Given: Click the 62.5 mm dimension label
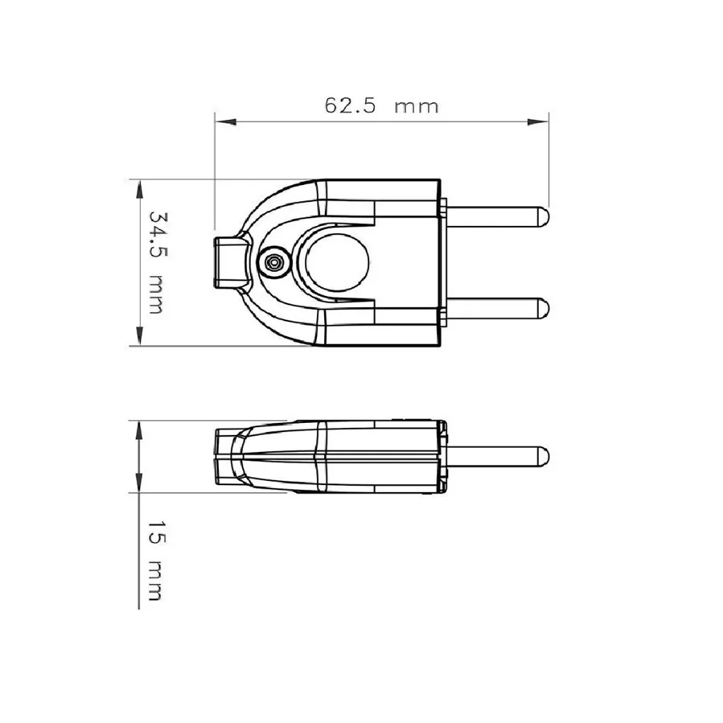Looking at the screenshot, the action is click(381, 106).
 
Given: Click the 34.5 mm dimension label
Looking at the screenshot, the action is click(157, 263).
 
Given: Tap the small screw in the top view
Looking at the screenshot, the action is click(275, 263).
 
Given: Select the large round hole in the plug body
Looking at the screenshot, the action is click(337, 263).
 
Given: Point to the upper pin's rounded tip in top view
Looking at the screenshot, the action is click(544, 217).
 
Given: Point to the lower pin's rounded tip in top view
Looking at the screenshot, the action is click(544, 309).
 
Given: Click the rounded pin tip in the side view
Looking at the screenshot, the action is click(544, 457).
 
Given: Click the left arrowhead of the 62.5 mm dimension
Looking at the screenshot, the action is click(226, 121).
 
